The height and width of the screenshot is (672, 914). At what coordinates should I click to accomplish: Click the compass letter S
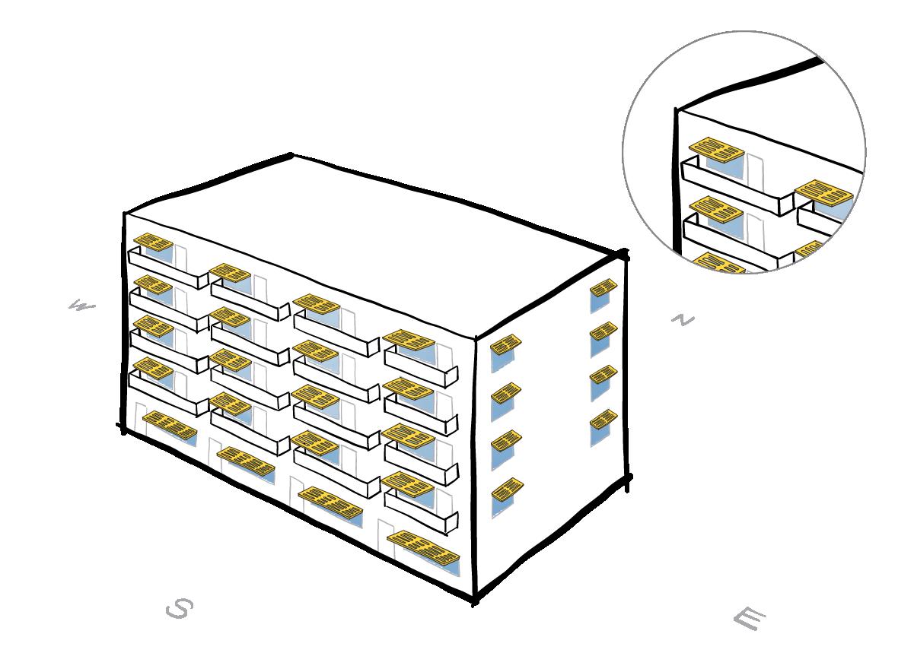pos(179,608)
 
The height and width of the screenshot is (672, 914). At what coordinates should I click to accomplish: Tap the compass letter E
pos(748,619)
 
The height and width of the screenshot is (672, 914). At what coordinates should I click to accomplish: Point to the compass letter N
pos(683,320)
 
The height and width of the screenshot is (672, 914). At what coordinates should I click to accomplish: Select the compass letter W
pos(81,306)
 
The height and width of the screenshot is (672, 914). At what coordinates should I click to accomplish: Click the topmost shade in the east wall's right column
pos(603,288)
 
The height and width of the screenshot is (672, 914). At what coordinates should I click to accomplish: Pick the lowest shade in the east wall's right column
pos(603,419)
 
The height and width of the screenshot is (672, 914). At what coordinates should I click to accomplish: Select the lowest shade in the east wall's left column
pos(507,487)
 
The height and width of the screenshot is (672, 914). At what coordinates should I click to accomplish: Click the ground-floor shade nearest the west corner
pos(170,425)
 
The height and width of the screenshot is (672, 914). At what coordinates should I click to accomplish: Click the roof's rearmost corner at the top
pos(291,156)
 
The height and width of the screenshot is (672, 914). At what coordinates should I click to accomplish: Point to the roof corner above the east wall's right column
pos(624,255)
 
